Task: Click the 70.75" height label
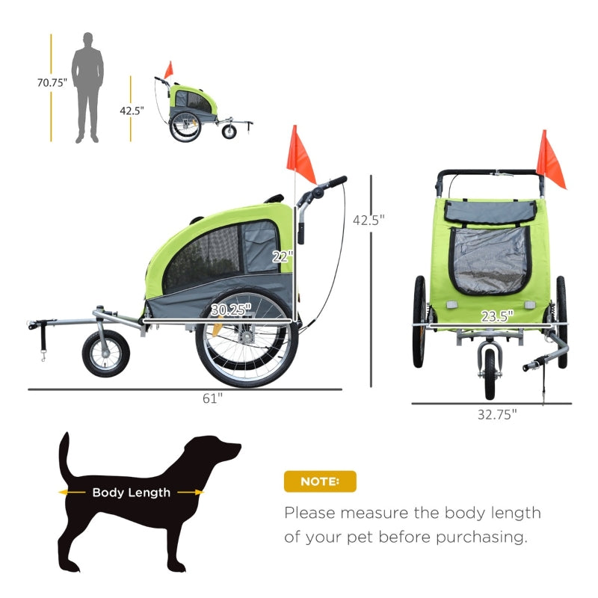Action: click(52, 82)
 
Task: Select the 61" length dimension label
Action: click(213, 398)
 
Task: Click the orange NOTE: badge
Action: click(320, 481)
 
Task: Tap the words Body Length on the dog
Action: click(132, 493)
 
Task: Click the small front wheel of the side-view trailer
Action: click(105, 354)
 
